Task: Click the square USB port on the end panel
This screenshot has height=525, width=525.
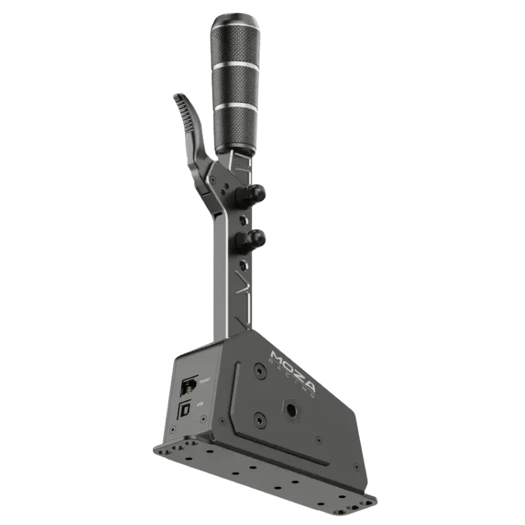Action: pyautogui.click(x=186, y=409)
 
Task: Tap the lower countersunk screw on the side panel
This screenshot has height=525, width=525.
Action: pyautogui.click(x=261, y=417)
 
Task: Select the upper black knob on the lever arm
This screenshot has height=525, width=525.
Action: pyautogui.click(x=254, y=193)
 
